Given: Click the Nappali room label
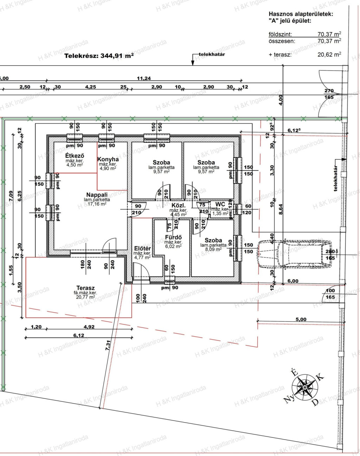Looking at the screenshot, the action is pos(97,195).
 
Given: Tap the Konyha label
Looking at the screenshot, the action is pos(108,159).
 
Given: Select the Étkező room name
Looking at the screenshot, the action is pos(75,156).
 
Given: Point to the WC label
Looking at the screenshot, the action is pos(220,204).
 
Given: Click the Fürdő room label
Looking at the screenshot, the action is pos(173,237).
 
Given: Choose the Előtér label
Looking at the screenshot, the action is pos(142,249).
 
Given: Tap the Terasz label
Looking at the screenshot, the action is pos(85,288).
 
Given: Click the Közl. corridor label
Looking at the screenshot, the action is pos(179,206).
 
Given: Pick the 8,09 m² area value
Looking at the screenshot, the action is pos(213,249).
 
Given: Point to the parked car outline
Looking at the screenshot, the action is pos(295,254).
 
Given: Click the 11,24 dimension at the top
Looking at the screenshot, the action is pos(144,78).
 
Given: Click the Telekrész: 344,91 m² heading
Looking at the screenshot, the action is pos(99,56).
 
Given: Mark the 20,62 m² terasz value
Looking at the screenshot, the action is pos(329,55).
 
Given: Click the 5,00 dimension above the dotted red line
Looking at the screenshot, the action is pos(301,319).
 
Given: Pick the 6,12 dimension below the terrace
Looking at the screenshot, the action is pos(79,335).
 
